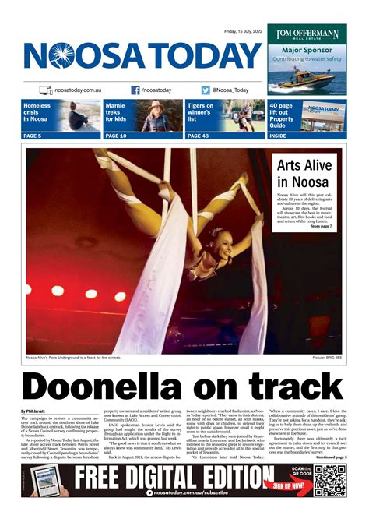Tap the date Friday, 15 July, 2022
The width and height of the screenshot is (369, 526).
[243, 31]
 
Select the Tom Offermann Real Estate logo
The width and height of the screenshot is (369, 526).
[306, 35]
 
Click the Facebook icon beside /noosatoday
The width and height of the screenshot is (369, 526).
[135, 90]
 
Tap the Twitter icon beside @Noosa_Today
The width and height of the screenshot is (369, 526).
[206, 90]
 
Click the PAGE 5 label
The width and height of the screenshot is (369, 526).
[33, 136]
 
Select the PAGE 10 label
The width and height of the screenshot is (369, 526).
[116, 136]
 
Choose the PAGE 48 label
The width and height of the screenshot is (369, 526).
[198, 136]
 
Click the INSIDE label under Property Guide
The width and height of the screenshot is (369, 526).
[278, 136]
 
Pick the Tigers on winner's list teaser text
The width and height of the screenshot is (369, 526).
[201, 112]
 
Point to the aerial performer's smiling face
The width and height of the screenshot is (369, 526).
[216, 249]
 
